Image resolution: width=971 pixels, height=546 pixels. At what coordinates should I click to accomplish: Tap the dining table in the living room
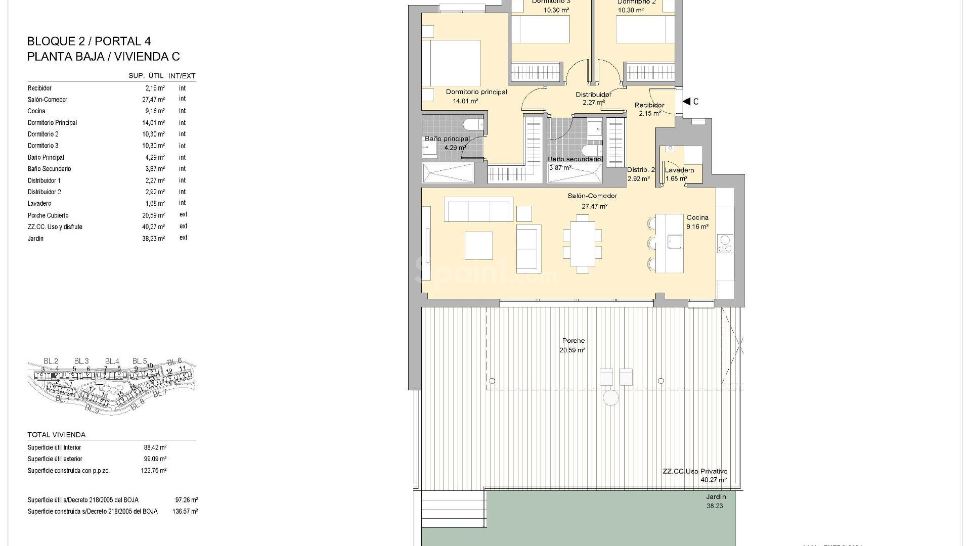583,244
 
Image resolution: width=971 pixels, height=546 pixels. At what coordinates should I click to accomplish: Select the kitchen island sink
674,241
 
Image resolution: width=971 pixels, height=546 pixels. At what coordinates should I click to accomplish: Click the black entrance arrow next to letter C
686,102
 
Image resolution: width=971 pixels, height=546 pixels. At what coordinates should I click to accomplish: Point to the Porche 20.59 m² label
573,345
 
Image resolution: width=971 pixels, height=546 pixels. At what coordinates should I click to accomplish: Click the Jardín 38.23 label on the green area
715,501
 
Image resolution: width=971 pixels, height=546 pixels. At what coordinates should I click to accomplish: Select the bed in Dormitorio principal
451,63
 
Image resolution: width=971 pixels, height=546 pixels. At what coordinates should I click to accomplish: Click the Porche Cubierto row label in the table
48,215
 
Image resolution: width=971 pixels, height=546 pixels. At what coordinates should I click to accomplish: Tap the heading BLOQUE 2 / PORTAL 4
89,41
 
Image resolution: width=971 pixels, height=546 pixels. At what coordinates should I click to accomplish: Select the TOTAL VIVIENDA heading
57,435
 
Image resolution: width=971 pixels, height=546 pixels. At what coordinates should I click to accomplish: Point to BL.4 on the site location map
112,361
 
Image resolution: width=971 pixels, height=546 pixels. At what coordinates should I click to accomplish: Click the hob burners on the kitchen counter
724,244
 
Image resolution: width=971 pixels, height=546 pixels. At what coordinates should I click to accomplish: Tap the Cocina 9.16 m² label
697,222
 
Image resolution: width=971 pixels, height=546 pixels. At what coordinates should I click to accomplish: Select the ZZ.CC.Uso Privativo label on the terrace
695,471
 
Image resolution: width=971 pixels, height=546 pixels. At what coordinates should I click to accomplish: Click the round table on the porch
610,398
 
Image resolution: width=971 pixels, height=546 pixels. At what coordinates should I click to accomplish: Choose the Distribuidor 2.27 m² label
594,98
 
